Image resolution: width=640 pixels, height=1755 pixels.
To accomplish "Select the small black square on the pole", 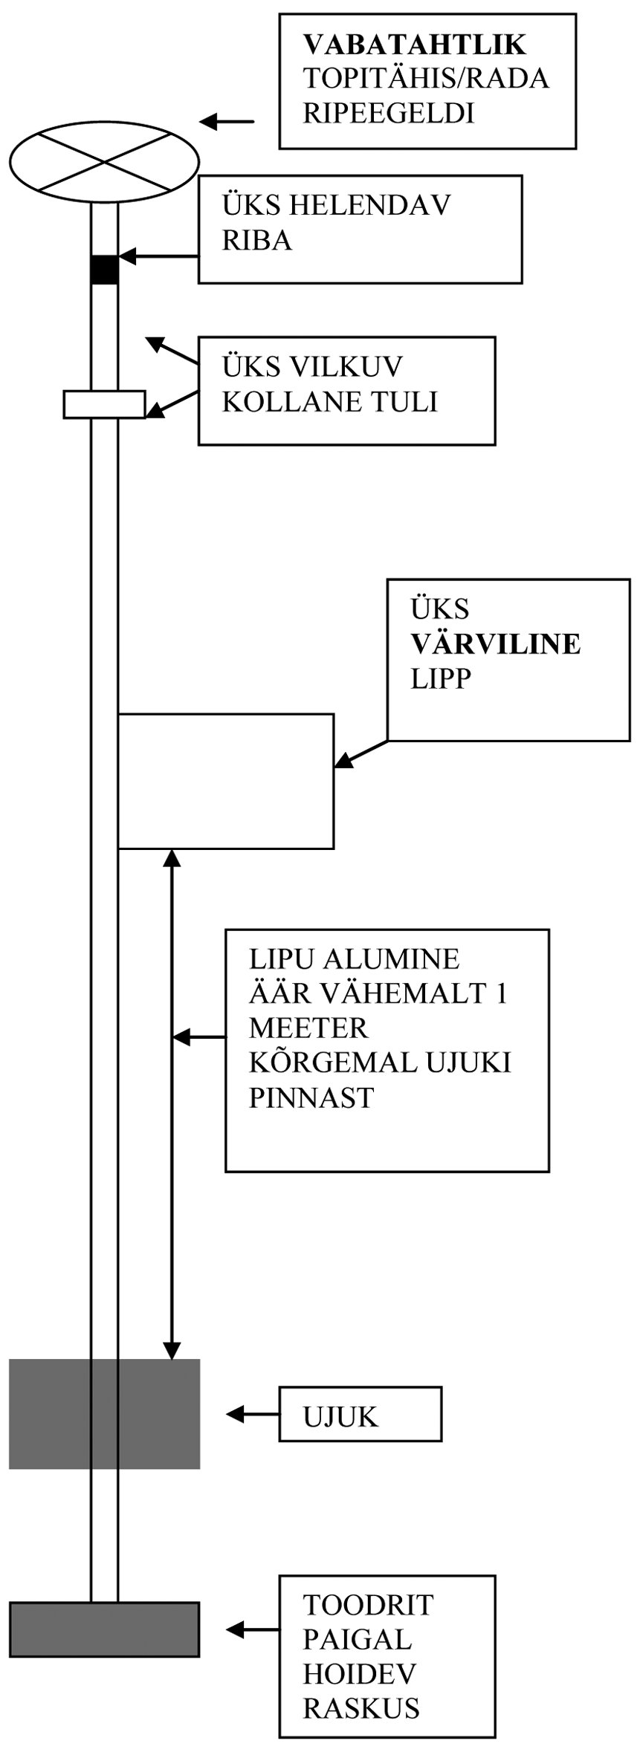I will (104, 269).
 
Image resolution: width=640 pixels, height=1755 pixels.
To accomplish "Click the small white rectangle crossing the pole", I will (104, 404).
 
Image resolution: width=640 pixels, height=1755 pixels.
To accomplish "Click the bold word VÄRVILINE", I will (496, 643).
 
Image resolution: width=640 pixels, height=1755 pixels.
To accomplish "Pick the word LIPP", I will (442, 678).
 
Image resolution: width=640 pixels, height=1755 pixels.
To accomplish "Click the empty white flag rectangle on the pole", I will (226, 780).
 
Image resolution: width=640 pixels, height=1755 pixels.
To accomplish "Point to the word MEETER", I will (308, 1028).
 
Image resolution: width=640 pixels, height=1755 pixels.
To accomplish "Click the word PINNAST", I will (311, 1097).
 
